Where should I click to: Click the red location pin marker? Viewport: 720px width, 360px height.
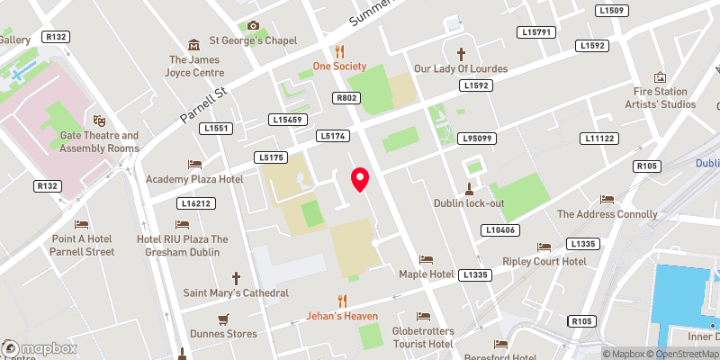[x=360, y=178]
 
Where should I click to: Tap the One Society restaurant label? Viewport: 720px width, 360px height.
[x=339, y=66]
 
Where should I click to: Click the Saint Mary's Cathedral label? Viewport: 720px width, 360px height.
[x=236, y=292]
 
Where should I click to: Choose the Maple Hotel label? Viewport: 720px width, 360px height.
[x=426, y=273]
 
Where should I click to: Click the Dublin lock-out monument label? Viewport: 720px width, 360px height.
[x=468, y=202]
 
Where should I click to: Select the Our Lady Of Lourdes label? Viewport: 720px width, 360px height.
[x=461, y=68]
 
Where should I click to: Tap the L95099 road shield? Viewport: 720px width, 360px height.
[x=475, y=138]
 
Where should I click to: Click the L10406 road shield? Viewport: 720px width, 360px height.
[x=500, y=230]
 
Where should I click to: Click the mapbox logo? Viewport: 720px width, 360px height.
[x=37, y=347]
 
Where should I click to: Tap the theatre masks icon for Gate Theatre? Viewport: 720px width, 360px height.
[x=99, y=120]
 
